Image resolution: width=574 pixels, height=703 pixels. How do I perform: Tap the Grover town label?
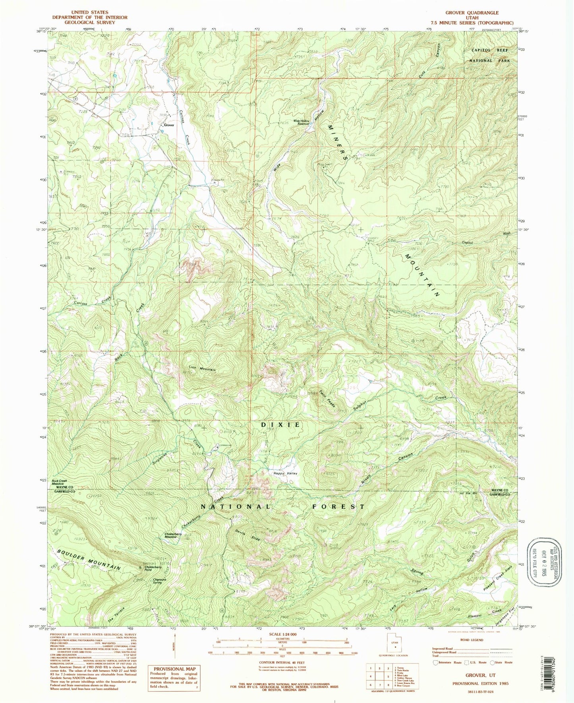169,125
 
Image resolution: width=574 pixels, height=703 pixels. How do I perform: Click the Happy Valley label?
285,473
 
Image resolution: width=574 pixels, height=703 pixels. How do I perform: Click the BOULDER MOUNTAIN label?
88,560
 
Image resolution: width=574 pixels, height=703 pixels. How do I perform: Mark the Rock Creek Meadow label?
59,482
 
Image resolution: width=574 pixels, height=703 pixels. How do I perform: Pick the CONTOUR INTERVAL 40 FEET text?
282,662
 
